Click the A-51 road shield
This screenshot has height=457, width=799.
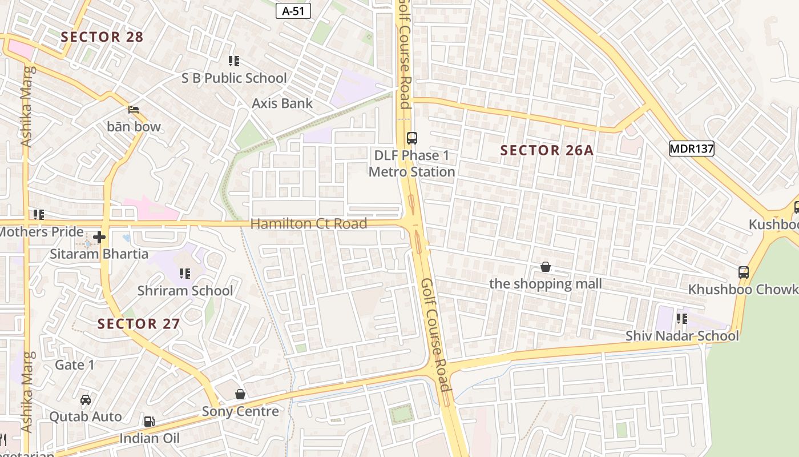[x=293, y=11]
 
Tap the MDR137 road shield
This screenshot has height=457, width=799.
[x=692, y=149]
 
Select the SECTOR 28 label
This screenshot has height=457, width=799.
[x=102, y=37]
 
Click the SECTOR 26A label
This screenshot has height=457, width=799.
[x=547, y=150]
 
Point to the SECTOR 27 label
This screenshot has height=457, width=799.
[x=139, y=324]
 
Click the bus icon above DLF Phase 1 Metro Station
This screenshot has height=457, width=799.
[x=412, y=138]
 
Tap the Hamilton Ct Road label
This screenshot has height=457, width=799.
[x=309, y=224]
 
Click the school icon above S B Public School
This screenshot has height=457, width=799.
[x=233, y=61]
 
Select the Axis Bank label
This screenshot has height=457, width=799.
[x=283, y=103]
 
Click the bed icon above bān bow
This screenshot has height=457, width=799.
[x=134, y=110]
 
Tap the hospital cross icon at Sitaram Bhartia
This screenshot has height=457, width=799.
[x=100, y=236]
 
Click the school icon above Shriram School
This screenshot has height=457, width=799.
[x=185, y=274]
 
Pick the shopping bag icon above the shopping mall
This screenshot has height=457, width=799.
[x=546, y=267]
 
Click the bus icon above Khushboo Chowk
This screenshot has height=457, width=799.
[x=744, y=272]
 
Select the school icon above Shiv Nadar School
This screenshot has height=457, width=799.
[x=681, y=318]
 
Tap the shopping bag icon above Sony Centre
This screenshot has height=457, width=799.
[x=240, y=394]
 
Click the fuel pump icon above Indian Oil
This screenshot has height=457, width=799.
[x=149, y=422]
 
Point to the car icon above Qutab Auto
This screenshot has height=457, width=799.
[x=86, y=400]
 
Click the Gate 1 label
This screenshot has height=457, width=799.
[x=75, y=364]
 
